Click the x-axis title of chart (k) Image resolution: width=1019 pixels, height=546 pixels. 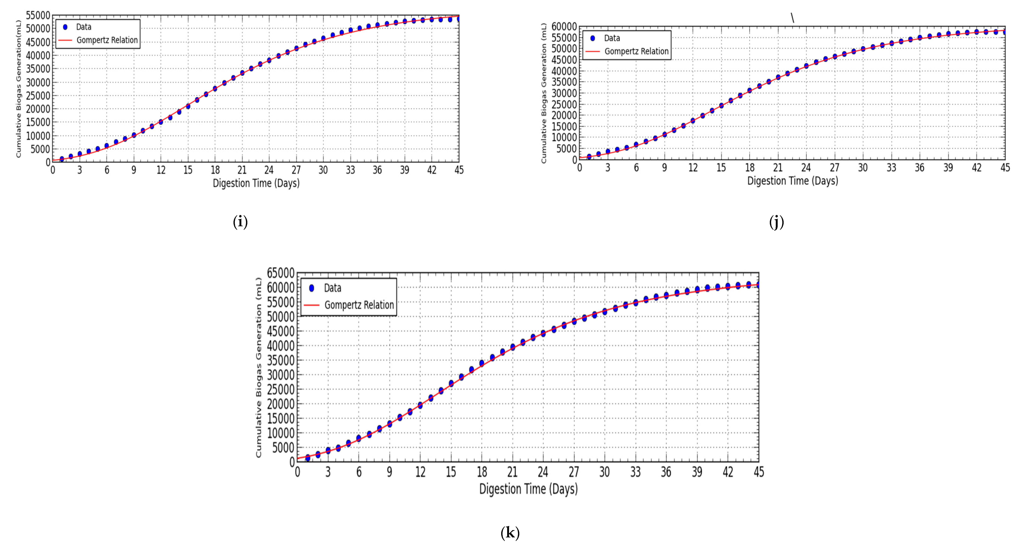coord(528,489)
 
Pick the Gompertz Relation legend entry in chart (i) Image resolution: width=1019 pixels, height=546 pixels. coord(107,40)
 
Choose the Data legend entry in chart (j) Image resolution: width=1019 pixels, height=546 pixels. coord(612,38)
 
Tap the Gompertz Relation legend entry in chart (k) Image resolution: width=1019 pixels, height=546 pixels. coord(359,305)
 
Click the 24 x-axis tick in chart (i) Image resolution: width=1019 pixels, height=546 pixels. coord(269,170)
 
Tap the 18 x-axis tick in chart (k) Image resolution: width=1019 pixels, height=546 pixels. coord(482,472)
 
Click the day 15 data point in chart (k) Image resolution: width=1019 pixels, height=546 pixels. coord(451,383)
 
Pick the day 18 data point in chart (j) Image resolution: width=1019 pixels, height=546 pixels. coord(750,90)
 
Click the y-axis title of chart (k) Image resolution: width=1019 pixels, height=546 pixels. coord(258,367)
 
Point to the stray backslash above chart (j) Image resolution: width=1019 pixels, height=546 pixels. coord(792,18)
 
